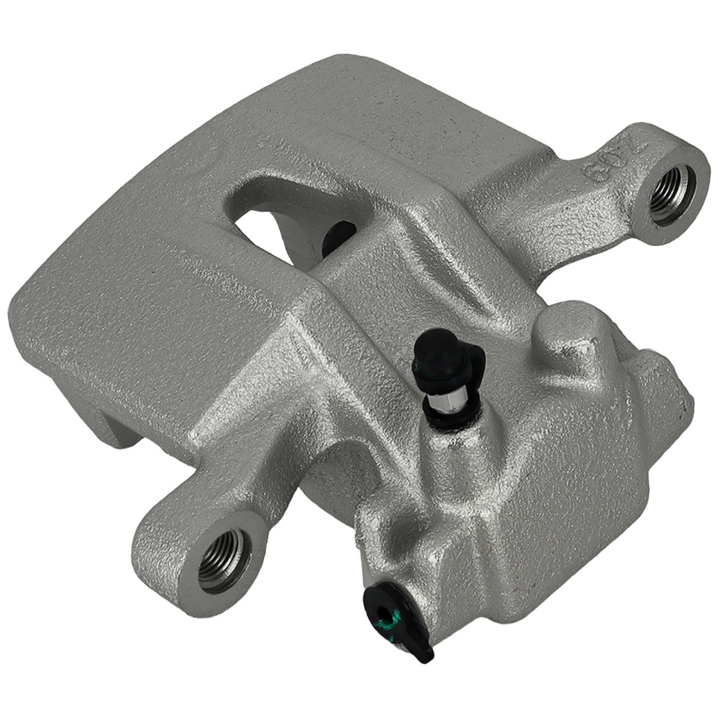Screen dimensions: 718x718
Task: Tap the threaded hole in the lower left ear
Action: tap(224, 560)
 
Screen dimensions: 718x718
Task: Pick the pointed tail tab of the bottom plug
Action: tap(424, 653)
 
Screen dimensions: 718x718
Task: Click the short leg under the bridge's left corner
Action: tap(108, 424)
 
